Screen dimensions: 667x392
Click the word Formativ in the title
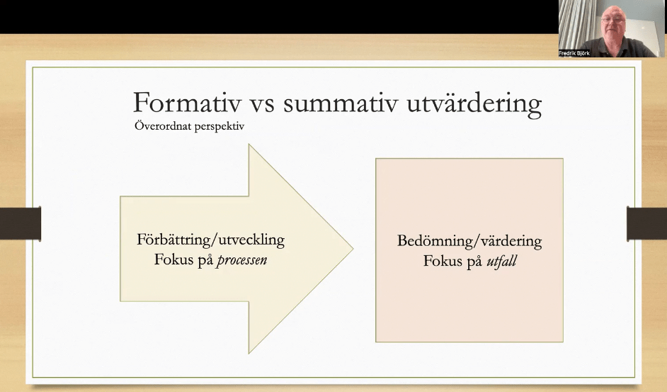[x=188, y=103]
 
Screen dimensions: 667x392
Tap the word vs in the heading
[x=261, y=105]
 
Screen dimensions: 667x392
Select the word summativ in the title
[x=341, y=103]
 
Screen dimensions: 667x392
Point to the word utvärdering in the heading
[x=474, y=105]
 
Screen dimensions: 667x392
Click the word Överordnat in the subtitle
[x=161, y=125]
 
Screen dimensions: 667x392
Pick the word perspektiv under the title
[x=217, y=127]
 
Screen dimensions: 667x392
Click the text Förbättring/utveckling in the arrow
[x=210, y=240]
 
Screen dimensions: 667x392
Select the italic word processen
[x=242, y=260]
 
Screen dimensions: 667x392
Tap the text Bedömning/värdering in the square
[x=469, y=241]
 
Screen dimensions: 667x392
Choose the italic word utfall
[x=501, y=261]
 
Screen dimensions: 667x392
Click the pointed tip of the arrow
[x=353, y=249]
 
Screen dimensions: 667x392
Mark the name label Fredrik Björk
[x=574, y=53]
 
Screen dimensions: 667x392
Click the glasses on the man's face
[x=613, y=20]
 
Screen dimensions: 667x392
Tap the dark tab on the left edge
[x=21, y=223]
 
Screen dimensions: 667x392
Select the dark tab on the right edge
[x=646, y=223]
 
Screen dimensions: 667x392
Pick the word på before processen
[x=205, y=261]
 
